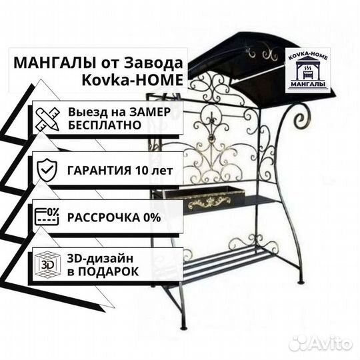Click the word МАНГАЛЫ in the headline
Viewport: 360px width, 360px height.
tap(55, 63)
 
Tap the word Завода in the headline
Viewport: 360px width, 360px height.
tap(153, 63)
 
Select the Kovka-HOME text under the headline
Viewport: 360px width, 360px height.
tap(133, 80)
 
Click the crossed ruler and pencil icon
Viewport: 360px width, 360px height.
tap(47, 119)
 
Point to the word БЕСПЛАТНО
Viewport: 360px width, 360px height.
tap(105, 125)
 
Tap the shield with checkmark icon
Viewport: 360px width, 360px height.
tap(47, 170)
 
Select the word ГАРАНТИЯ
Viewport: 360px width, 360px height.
tap(99, 171)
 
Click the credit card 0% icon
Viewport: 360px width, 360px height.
tap(47, 216)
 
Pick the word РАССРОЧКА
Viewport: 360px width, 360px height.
tap(103, 217)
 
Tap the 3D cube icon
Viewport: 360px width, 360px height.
tap(47, 264)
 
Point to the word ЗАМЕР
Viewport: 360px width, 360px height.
tap(150, 112)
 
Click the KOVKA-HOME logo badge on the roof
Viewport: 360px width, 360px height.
tap(307, 71)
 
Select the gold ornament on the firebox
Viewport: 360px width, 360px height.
tap(209, 202)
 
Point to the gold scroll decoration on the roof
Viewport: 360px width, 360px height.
tap(261, 54)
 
